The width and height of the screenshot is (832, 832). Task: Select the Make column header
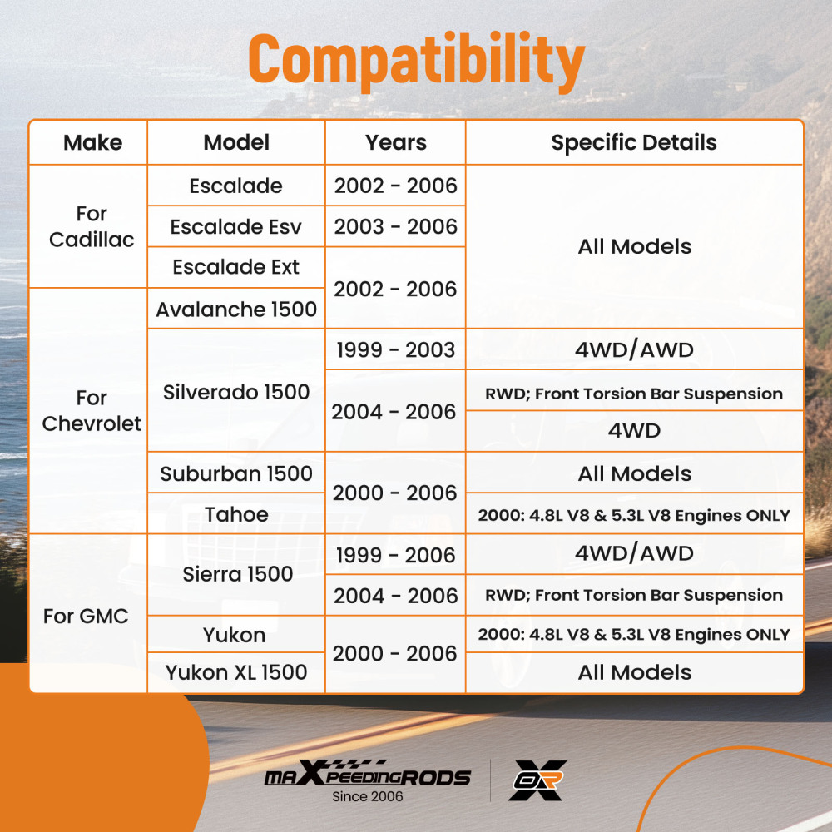pos(93,143)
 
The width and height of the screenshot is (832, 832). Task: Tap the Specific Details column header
pos(634,143)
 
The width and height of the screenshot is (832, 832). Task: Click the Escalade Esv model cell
pos(235,226)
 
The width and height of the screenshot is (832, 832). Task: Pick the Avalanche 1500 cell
pos(236,309)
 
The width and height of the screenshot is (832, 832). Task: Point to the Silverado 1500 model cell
pos(236,392)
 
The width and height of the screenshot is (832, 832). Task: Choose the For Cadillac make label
pos(92,226)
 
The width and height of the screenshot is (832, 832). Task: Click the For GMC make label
pos(86,616)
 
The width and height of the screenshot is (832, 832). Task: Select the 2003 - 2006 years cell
pos(395,226)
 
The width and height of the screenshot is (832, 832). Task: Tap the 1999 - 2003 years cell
pos(395,349)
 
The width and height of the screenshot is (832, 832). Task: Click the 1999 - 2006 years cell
pos(395,555)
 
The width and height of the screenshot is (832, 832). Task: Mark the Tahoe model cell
pos(236,514)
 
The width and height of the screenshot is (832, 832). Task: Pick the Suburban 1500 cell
pos(236,473)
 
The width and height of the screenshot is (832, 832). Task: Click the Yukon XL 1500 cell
pos(236,672)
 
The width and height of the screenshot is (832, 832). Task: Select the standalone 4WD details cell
pos(634,431)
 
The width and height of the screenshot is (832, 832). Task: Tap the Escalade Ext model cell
pos(236,267)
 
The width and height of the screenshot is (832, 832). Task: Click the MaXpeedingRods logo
pos(367,773)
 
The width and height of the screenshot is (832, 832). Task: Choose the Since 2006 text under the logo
pos(367,796)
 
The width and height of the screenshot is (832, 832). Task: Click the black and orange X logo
pos(537,780)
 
